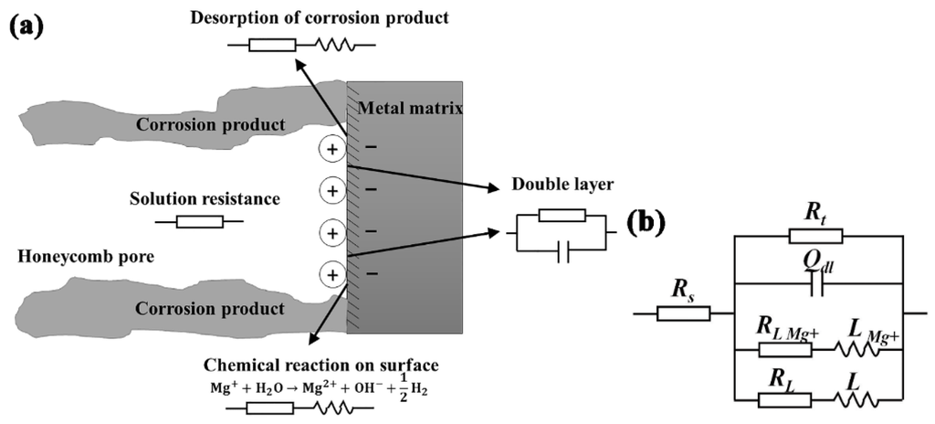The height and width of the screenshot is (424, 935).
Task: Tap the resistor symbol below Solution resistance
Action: (198, 221)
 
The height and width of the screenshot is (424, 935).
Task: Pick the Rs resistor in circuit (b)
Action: (684, 313)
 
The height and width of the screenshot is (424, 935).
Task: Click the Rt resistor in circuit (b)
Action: (815, 238)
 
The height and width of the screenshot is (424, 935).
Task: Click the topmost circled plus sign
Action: (332, 149)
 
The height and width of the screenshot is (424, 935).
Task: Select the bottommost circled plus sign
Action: (332, 273)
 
